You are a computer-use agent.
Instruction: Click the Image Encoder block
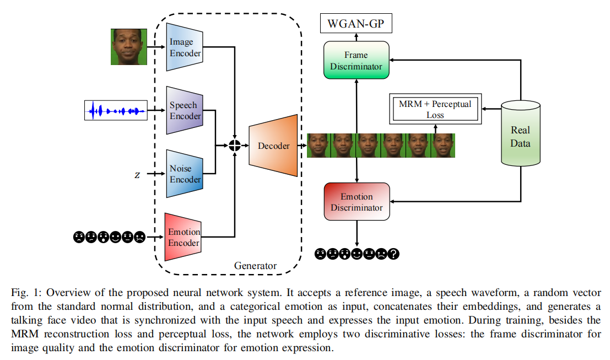coord(184,47)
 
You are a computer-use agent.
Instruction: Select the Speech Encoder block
coord(184,110)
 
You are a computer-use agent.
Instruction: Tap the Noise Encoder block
coord(184,174)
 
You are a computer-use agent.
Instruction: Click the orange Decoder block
coord(273,146)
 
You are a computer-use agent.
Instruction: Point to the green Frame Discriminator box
coord(356,61)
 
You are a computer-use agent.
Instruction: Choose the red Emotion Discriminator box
coord(357,202)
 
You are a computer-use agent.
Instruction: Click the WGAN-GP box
coord(356,24)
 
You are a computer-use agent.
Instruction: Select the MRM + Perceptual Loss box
coord(435,109)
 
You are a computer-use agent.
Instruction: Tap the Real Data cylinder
coord(520,136)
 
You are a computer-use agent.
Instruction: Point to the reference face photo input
coord(129,46)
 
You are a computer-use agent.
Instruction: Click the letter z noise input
coord(137,175)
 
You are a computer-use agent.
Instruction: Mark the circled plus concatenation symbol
coord(235,146)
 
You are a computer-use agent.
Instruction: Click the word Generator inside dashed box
coord(255,266)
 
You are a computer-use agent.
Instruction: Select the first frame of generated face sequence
coord(318,146)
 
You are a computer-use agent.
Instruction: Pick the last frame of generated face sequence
coord(443,146)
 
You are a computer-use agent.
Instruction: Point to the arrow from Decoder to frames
coord(302,146)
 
